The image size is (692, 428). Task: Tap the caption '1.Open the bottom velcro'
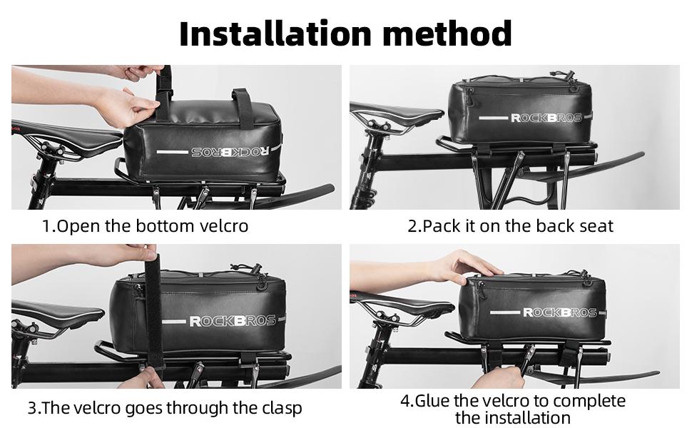[145, 227]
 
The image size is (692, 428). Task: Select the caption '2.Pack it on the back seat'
[510, 227]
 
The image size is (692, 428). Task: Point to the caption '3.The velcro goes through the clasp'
[165, 408]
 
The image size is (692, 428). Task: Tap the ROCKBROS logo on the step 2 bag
[546, 117]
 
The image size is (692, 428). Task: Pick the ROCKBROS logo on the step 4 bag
[559, 312]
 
